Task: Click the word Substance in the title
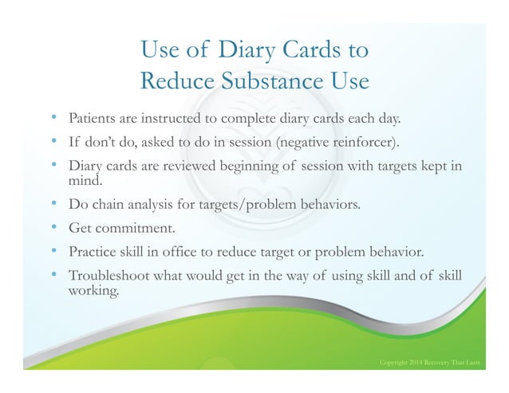[x=251, y=81]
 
